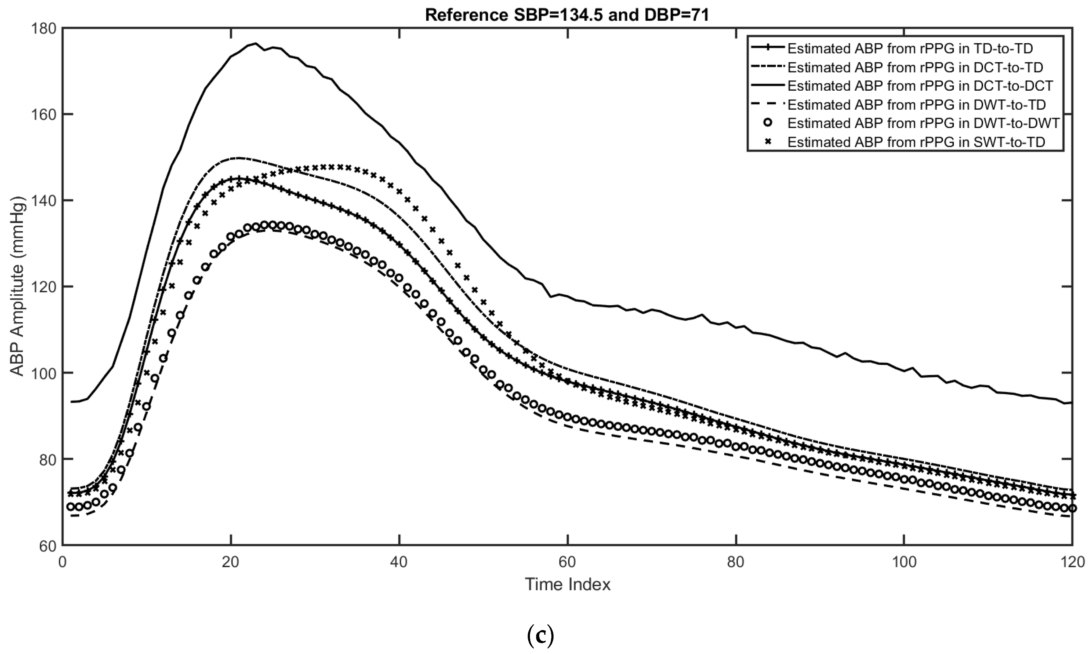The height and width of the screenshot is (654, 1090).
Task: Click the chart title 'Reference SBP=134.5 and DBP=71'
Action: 567,15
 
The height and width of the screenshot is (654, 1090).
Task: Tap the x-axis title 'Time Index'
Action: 568,584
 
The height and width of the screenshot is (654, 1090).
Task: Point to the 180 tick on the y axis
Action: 44,28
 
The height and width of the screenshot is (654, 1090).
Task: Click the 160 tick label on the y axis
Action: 44,115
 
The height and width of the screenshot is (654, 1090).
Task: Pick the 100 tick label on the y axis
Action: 44,373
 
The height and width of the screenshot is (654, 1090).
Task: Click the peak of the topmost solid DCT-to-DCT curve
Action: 256,43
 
